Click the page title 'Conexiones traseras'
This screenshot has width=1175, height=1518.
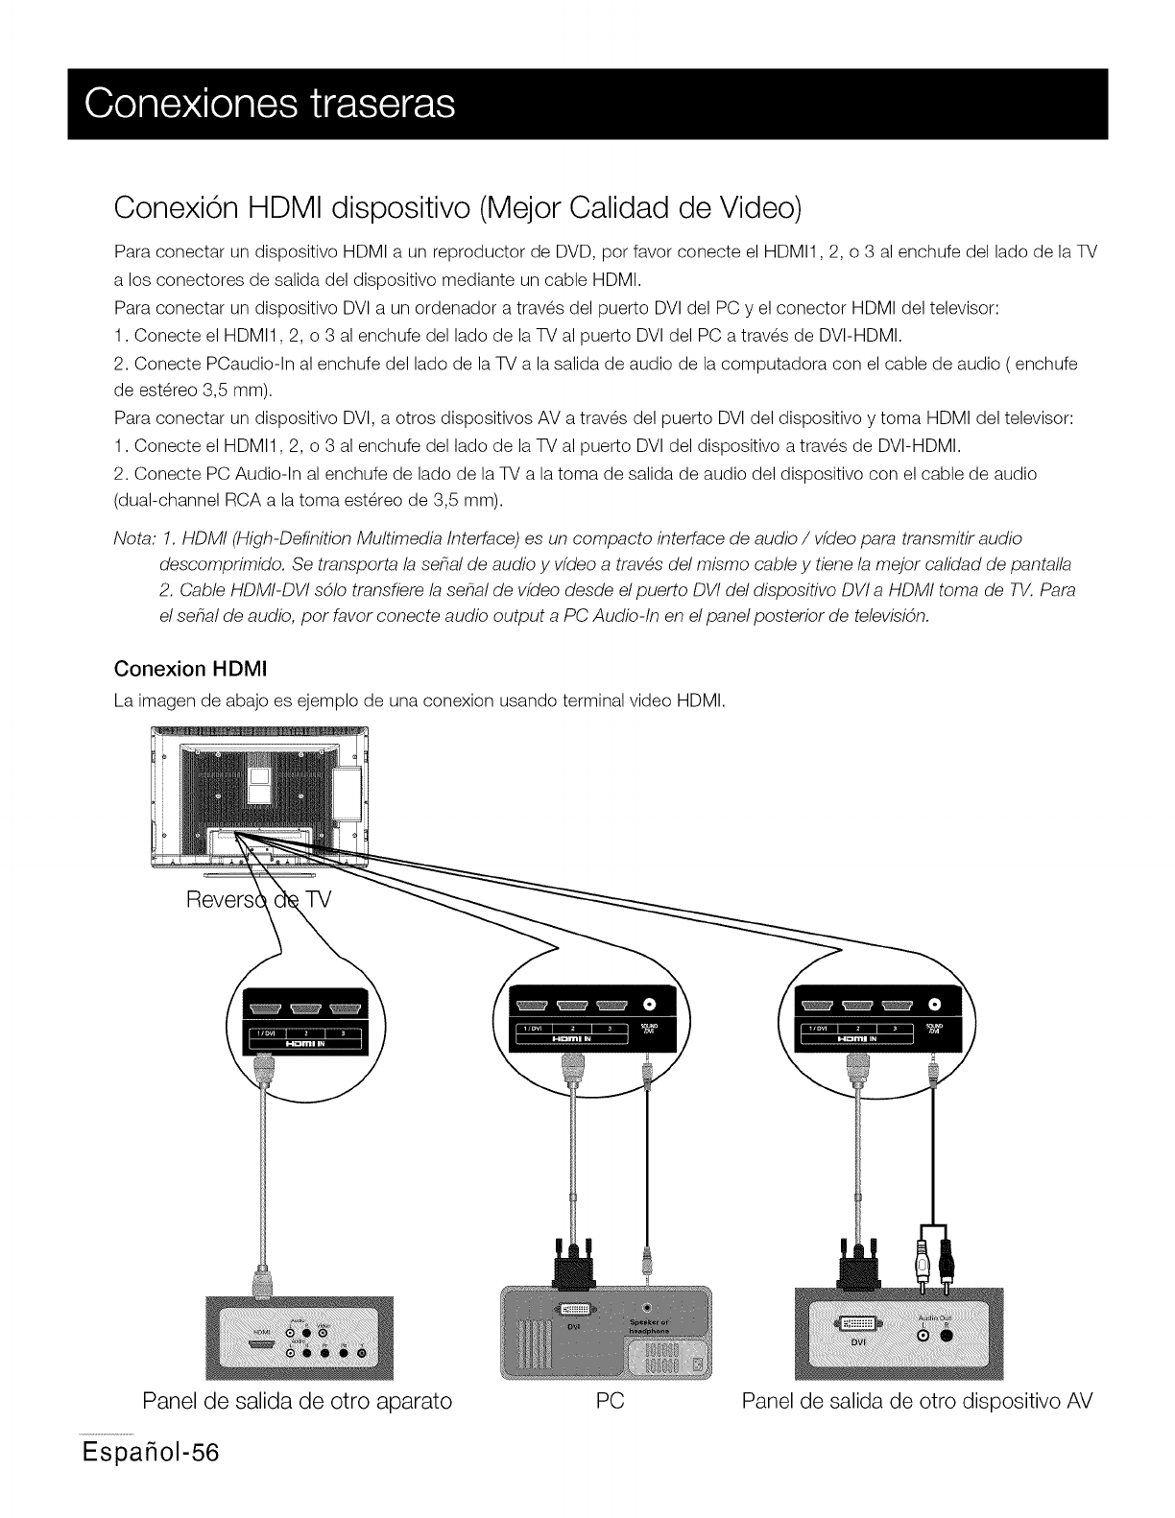point(270,104)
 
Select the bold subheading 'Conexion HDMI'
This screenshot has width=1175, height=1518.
point(190,667)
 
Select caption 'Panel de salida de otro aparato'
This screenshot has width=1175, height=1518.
point(297,1427)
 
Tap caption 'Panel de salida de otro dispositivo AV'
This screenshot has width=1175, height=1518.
point(917,1427)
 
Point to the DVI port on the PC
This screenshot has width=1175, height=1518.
point(574,1309)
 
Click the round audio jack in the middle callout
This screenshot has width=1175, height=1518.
point(649,1004)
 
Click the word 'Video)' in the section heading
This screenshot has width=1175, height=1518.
point(759,206)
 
